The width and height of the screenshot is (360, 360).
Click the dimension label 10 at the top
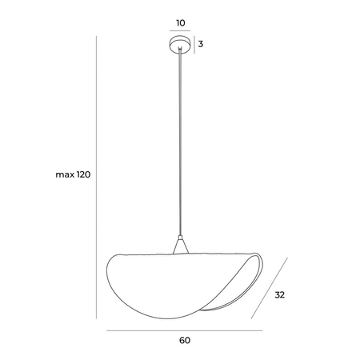181,23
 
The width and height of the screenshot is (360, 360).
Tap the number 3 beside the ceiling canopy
201,44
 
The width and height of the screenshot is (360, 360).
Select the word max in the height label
65,175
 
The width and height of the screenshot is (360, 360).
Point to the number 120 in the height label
84,174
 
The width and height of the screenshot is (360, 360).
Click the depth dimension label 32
280,294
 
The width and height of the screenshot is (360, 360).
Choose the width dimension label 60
185,340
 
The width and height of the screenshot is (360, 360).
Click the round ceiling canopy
180,44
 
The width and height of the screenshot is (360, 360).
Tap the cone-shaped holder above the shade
181,246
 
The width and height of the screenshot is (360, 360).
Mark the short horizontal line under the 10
180,30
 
